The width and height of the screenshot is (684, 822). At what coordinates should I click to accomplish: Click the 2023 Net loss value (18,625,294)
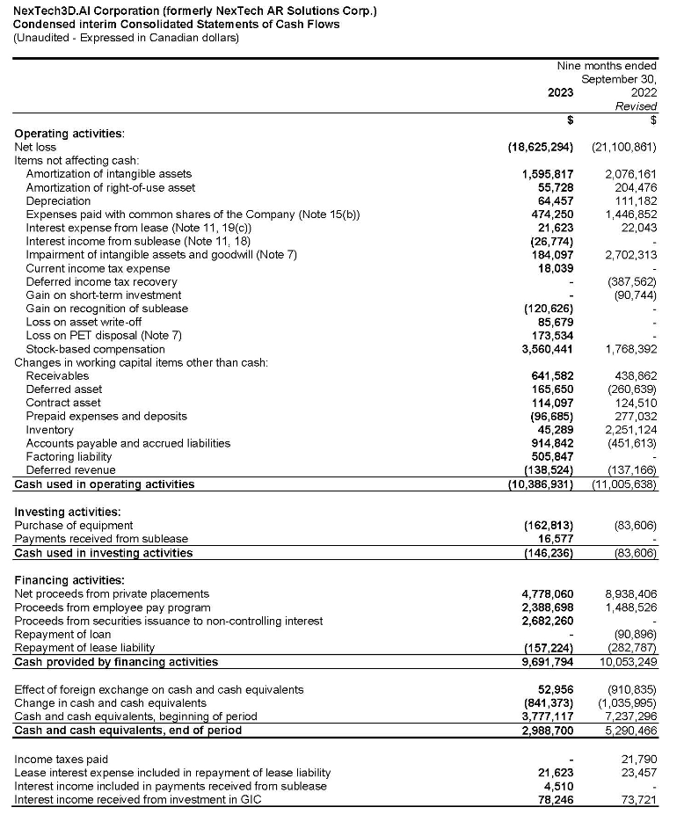click(541, 147)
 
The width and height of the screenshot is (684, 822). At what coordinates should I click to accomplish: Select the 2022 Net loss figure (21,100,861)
click(624, 147)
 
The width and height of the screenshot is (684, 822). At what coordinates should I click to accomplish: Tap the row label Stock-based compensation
click(95, 349)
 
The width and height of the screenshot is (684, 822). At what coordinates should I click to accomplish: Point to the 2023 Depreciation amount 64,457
click(555, 200)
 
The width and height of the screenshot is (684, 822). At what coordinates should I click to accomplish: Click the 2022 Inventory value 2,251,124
click(631, 429)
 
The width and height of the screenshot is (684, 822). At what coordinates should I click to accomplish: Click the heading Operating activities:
click(69, 134)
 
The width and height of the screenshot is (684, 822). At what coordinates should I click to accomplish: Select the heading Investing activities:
click(68, 512)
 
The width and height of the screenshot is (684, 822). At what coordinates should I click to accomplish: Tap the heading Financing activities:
click(69, 580)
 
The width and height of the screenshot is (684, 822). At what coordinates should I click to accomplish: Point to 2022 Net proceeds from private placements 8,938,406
click(631, 593)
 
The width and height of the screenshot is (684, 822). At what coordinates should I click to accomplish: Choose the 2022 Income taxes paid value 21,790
click(640, 759)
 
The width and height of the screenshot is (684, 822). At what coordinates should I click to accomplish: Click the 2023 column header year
click(559, 92)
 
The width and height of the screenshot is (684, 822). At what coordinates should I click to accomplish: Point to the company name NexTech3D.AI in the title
click(52, 11)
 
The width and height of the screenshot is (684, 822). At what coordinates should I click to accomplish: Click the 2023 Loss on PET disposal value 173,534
click(551, 336)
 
